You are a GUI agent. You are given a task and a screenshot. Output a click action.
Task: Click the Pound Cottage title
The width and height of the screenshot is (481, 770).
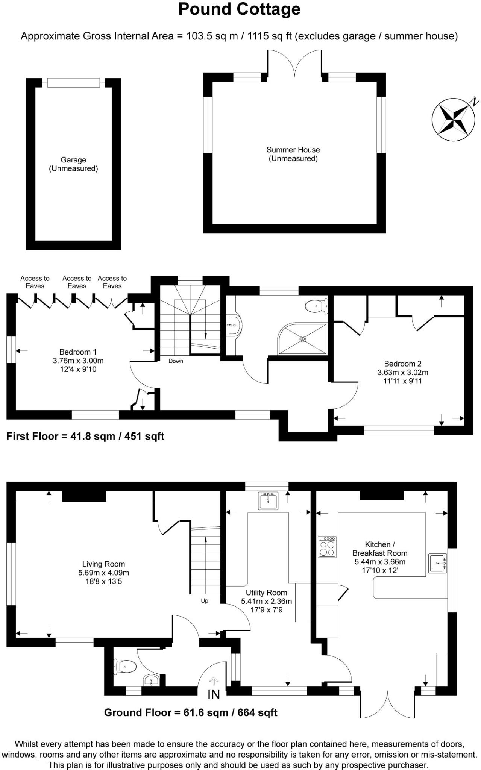[x=239, y=9]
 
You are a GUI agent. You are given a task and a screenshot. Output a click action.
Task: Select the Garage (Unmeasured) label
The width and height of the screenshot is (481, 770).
[x=73, y=164]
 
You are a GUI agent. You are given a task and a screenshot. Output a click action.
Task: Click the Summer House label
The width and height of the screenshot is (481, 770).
[x=293, y=154]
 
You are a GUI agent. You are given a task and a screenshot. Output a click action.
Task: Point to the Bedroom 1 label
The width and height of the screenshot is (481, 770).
[x=78, y=361]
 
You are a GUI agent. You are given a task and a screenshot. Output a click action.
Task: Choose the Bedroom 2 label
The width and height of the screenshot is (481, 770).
[x=402, y=372]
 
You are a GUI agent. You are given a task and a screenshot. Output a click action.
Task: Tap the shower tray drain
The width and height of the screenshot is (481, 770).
[x=303, y=339]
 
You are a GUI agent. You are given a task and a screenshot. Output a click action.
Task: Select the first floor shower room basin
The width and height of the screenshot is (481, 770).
[x=235, y=325]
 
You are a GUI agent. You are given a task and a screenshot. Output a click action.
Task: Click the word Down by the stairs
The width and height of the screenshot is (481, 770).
[x=176, y=361]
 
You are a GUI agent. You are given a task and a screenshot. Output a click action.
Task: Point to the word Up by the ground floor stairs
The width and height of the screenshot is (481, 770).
[x=204, y=601]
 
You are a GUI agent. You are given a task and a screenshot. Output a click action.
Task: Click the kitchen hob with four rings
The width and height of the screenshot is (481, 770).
[x=327, y=547]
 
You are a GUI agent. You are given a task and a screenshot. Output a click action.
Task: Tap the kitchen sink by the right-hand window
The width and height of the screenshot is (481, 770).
[x=437, y=563]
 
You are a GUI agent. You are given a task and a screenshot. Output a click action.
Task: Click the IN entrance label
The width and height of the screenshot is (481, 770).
[x=213, y=694]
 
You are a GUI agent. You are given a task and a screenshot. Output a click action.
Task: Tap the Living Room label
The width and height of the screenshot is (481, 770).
[x=103, y=573]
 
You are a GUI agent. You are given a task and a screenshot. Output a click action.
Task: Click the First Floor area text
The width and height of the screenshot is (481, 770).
[x=85, y=436]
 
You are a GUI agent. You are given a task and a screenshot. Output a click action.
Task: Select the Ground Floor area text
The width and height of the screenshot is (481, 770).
[x=191, y=712]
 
